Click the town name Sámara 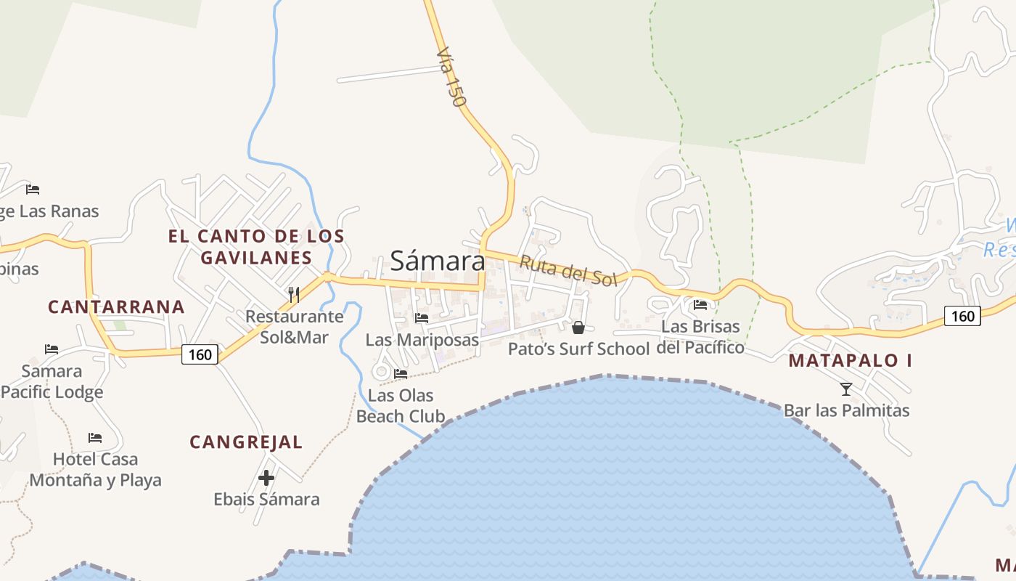438,260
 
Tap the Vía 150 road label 451,78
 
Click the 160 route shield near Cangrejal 200,354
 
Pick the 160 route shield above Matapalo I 962,315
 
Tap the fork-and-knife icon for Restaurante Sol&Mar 294,294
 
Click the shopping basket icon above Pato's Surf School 578,328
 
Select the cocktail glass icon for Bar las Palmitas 846,389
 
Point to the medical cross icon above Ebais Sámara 266,478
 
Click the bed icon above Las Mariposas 422,318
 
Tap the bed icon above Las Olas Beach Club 401,374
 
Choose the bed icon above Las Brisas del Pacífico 700,305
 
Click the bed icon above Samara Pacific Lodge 52,349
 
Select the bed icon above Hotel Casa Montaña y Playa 95,438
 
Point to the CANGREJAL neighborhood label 246,442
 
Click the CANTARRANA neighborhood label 116,306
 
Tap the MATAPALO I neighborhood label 850,360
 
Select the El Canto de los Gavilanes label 256,247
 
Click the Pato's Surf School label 578,349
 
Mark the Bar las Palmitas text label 846,410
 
